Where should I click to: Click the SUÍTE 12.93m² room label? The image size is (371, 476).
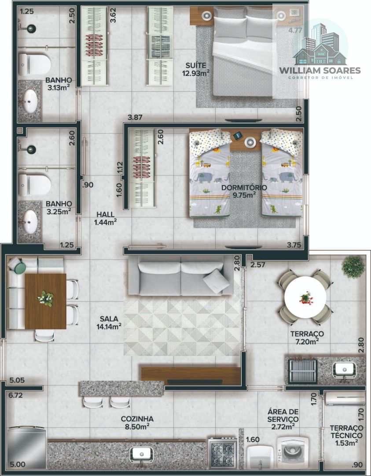click(x=196, y=69)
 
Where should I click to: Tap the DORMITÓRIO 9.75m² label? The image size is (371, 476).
click(x=244, y=191)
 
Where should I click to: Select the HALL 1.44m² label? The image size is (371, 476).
click(x=105, y=219)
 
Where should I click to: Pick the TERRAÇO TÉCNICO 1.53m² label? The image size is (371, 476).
click(x=346, y=435)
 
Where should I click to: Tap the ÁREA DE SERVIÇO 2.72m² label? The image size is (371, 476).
click(x=283, y=419)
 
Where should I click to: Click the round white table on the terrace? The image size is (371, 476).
click(x=305, y=297)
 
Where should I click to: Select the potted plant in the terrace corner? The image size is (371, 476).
click(x=353, y=267)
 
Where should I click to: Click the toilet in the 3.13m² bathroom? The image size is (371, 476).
click(x=35, y=64)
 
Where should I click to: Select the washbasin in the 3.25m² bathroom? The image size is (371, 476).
click(x=30, y=222)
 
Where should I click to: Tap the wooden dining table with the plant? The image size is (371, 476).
click(x=45, y=301)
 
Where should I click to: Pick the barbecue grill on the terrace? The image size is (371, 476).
click(x=302, y=371)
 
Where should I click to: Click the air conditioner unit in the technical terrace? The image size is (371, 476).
click(x=345, y=399)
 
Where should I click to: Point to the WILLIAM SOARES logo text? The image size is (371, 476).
click(x=320, y=71)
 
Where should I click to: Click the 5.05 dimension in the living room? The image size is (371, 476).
click(x=17, y=380)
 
